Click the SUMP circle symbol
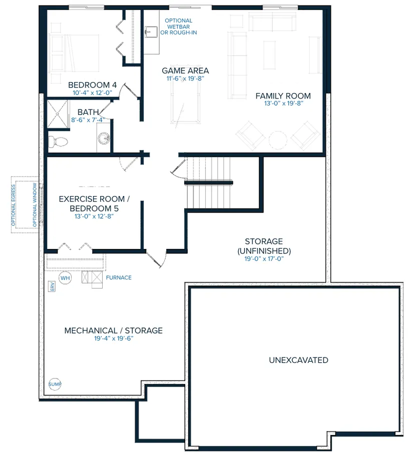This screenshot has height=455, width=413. click(x=55, y=384)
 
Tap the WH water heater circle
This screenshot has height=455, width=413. click(x=65, y=277)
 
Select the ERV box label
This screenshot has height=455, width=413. click(x=52, y=286)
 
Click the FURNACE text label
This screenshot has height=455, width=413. click(x=119, y=277)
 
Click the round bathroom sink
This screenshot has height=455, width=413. click(x=104, y=138)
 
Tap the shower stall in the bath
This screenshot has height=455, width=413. click(x=58, y=114)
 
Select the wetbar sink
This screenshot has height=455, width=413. click(x=151, y=32)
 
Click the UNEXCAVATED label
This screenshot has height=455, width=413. click(x=298, y=360)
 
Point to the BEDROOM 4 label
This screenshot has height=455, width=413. click(x=92, y=85)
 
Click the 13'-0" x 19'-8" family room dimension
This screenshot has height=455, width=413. click(x=283, y=103)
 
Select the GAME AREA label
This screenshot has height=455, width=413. click(x=185, y=70)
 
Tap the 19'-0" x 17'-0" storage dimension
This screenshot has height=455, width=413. click(x=264, y=258)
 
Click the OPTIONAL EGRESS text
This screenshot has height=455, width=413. click(x=14, y=205)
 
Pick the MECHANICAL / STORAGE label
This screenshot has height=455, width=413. click(x=114, y=330)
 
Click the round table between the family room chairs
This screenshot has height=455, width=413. click(x=278, y=140)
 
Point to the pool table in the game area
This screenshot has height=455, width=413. click(x=186, y=94)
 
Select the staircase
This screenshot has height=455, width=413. click(x=209, y=182)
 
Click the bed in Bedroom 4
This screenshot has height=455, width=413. click(x=74, y=53)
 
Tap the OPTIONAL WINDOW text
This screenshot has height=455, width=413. click(x=35, y=205)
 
